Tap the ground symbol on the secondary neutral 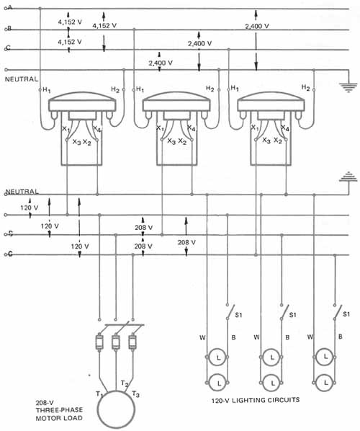pos(348,177)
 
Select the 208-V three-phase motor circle pos(116,409)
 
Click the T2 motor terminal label pos(125,383)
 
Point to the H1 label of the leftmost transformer pos(46,89)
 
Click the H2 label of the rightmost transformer pos(305,88)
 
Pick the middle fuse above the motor pos(116,342)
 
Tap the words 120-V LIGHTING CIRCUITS pos(256,400)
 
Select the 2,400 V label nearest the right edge pos(257,26)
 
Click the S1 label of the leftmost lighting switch pos(238,315)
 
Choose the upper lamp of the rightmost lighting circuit pos(325,357)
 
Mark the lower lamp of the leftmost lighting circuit pos(218,382)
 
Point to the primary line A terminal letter pos(10,8)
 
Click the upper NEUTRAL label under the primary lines pos(22,79)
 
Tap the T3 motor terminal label pos(135,394)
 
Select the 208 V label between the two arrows pos(186,242)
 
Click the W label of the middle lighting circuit pos(256,337)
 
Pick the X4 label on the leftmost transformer pos(97,128)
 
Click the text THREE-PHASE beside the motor pos(59,410)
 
